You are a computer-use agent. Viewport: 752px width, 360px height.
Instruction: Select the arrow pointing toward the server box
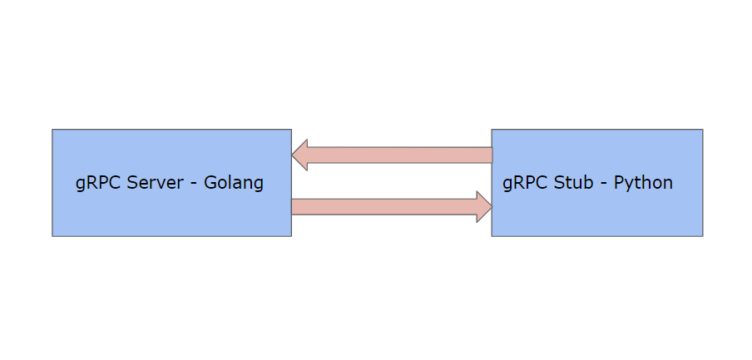(391, 155)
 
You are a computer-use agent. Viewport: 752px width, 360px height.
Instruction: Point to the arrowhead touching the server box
(300, 155)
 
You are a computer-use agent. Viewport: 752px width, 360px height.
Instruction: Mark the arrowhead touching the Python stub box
(483, 207)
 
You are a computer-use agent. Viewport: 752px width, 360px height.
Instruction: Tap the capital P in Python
(619, 183)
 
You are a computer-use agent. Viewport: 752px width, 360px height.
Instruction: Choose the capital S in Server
(133, 183)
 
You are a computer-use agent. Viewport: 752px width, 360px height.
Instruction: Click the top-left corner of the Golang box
(52, 130)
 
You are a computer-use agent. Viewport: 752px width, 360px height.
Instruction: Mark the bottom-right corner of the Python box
(702, 235)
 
